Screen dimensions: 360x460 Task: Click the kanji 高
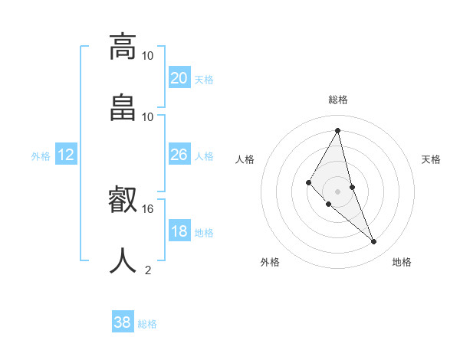[x=123, y=46]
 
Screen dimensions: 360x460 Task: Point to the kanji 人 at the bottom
[x=123, y=260]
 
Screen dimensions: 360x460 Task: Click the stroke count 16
[x=148, y=208]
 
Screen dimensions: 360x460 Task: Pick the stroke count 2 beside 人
[x=148, y=270]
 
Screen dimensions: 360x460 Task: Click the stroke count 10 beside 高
[x=148, y=55]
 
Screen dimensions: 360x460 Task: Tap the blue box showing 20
[x=179, y=77]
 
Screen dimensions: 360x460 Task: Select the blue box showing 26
[x=179, y=155]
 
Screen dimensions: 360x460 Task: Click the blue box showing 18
[x=179, y=231]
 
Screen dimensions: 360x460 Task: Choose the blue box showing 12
[x=66, y=155]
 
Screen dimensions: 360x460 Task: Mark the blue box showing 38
[x=123, y=322]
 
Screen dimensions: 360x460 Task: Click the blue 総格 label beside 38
[x=147, y=324]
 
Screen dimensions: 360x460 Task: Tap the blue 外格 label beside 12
[x=41, y=156]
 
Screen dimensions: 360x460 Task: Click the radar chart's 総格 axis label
[x=338, y=100]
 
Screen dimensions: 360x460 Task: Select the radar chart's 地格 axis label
[x=402, y=262]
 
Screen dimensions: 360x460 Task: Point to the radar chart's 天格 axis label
[x=431, y=159]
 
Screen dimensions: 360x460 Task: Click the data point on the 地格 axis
[x=374, y=242]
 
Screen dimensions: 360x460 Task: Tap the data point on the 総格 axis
[x=338, y=130]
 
